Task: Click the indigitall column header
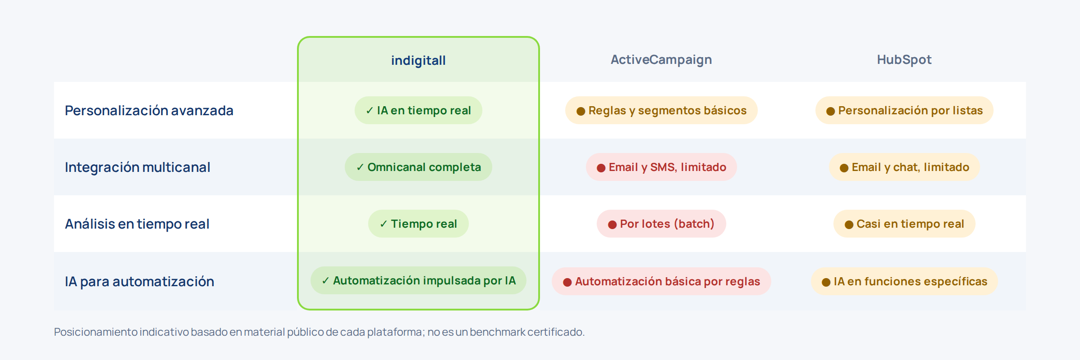(x=418, y=60)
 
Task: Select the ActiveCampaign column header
(x=661, y=60)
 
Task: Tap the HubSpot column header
(x=904, y=60)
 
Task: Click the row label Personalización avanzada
(x=149, y=110)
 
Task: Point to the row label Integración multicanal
(x=137, y=167)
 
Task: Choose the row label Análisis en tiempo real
(x=137, y=224)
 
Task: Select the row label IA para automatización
(x=139, y=281)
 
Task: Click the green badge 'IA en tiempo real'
(x=418, y=110)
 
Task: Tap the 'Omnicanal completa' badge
(x=418, y=167)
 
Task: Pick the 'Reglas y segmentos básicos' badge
(x=661, y=110)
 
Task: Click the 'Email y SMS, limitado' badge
(x=661, y=167)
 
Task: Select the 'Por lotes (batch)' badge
(x=661, y=224)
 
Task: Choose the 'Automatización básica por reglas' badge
(x=661, y=281)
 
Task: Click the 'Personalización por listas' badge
(x=904, y=110)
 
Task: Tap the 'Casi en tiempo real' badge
(x=904, y=224)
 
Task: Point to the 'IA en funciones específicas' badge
(x=904, y=281)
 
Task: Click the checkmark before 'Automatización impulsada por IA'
(x=325, y=281)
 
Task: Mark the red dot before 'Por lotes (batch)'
(x=612, y=225)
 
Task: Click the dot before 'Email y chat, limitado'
(x=844, y=168)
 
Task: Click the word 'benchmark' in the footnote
(x=498, y=332)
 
